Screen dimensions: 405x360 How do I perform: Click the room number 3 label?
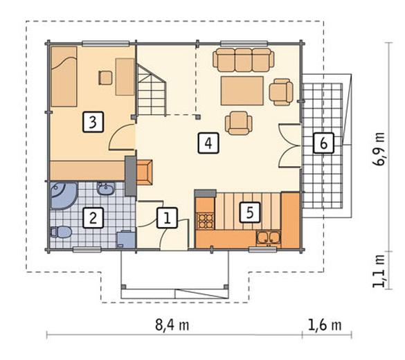(93, 122)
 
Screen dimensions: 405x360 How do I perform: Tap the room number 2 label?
(93, 217)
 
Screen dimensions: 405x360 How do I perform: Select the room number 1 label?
(167, 217)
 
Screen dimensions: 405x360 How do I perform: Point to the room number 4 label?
(208, 143)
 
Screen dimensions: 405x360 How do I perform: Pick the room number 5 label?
(250, 213)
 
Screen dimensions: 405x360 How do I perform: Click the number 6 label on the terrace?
(323, 143)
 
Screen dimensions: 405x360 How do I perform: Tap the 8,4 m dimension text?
(172, 325)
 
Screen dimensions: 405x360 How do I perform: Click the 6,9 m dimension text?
(379, 149)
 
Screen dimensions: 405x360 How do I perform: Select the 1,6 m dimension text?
(325, 325)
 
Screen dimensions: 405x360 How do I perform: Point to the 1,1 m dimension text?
(379, 271)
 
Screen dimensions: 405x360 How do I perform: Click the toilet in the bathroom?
(61, 232)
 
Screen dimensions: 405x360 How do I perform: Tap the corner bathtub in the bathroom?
(63, 195)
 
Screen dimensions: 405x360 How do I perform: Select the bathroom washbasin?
(106, 188)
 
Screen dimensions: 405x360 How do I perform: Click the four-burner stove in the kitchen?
(206, 221)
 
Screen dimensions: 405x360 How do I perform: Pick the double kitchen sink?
(268, 238)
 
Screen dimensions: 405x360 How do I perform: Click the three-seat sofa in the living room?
(243, 60)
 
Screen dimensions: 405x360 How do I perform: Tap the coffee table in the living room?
(242, 91)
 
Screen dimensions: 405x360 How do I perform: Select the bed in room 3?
(64, 76)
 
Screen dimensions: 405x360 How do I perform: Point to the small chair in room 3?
(105, 78)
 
